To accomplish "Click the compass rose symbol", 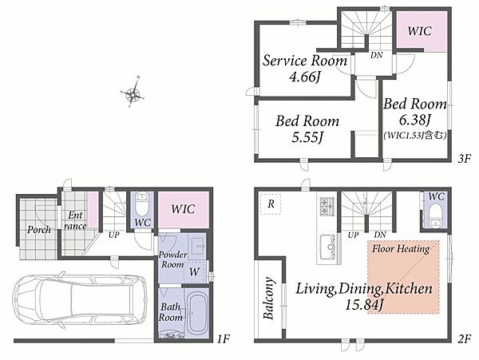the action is (x=133, y=93).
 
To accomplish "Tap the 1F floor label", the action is (x=223, y=338).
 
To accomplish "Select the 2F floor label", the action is (x=465, y=338).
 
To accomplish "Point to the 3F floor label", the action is (x=465, y=159).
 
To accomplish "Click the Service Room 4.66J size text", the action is (x=305, y=77).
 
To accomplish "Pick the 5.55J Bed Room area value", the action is (x=307, y=138).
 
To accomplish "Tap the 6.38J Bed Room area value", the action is (x=414, y=120).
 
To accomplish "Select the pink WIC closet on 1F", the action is (x=184, y=209).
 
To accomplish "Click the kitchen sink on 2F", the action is (x=329, y=247).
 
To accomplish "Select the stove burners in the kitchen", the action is (x=327, y=205).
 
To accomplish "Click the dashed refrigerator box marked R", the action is (x=271, y=204).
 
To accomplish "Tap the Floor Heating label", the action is (x=401, y=249).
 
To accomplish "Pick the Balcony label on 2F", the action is (x=268, y=299).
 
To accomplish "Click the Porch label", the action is (x=39, y=230).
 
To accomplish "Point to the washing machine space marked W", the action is (x=194, y=271).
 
